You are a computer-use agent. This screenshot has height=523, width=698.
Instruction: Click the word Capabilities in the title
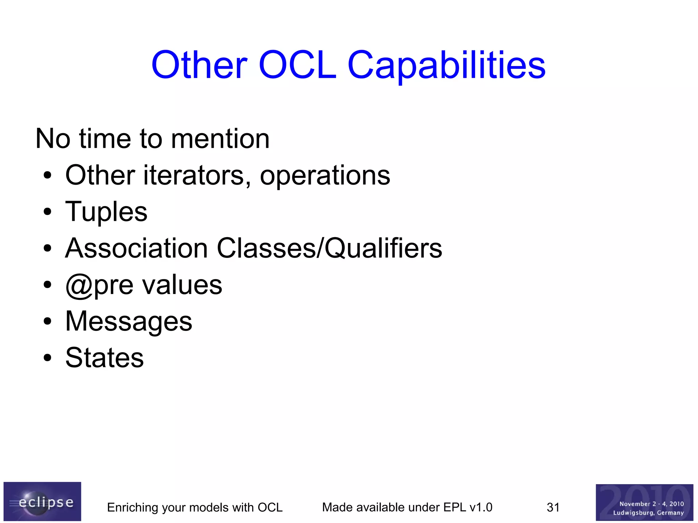click(x=446, y=65)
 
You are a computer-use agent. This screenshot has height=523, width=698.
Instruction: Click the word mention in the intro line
click(x=220, y=139)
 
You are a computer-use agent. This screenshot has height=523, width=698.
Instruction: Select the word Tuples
click(x=106, y=212)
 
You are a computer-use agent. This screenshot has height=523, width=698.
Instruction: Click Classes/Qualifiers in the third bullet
click(x=329, y=249)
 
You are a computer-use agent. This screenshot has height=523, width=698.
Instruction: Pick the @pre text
click(x=99, y=286)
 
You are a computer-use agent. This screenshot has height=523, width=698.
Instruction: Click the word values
click(x=182, y=285)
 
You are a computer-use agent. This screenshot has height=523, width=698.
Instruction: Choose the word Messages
click(x=129, y=322)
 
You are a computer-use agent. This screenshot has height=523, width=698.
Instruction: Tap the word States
click(x=105, y=358)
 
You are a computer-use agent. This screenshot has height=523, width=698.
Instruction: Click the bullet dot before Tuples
click(x=47, y=212)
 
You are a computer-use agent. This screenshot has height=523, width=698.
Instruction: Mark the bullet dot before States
click(x=47, y=358)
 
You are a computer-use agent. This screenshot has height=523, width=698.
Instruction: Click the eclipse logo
click(x=42, y=501)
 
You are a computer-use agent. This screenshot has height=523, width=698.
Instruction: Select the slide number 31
click(x=553, y=507)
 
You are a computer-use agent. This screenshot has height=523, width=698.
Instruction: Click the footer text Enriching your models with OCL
click(x=195, y=507)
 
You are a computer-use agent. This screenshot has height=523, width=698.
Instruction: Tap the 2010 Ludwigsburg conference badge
click(x=644, y=502)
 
